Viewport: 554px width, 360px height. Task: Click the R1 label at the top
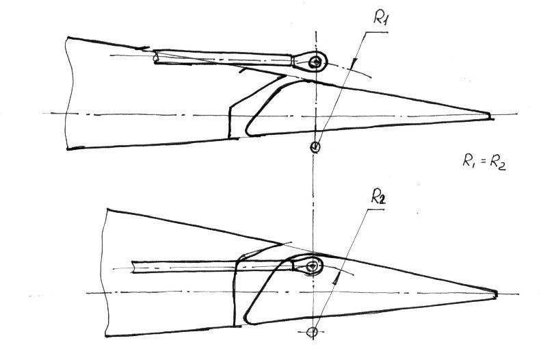[x=381, y=17]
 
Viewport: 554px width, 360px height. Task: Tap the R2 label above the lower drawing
[x=378, y=196]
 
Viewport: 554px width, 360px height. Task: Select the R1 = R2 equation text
[x=484, y=162]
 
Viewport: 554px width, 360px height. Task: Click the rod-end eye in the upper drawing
[x=315, y=62]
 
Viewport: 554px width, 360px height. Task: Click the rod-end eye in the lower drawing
[x=313, y=266]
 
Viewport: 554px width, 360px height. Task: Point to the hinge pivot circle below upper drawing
[x=315, y=146]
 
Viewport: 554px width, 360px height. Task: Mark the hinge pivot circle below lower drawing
[x=312, y=332]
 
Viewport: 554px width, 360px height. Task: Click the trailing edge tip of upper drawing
[x=491, y=116]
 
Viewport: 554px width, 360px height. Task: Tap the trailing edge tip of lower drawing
[x=495, y=294]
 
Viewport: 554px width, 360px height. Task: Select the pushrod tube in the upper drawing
[x=223, y=58]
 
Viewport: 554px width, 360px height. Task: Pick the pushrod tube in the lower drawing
[x=212, y=266]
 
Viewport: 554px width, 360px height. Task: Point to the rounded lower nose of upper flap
[x=248, y=132]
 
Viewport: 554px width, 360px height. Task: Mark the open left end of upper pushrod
[x=156, y=57]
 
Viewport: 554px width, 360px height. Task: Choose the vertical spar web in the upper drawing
[x=230, y=121]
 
